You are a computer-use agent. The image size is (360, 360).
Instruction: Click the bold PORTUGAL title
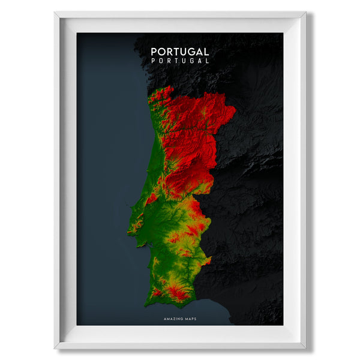(x=179, y=52)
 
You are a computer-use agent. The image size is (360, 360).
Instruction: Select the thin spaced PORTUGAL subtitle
(x=179, y=61)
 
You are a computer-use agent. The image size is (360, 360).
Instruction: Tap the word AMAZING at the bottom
(x=172, y=319)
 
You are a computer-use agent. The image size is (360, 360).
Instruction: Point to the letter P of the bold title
(x=154, y=52)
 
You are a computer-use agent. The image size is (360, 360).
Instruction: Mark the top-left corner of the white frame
(x=55, y=12)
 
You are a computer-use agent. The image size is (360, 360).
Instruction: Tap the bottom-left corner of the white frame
(x=55, y=348)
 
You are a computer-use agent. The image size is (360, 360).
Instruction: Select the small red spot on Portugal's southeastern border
(x=207, y=261)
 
